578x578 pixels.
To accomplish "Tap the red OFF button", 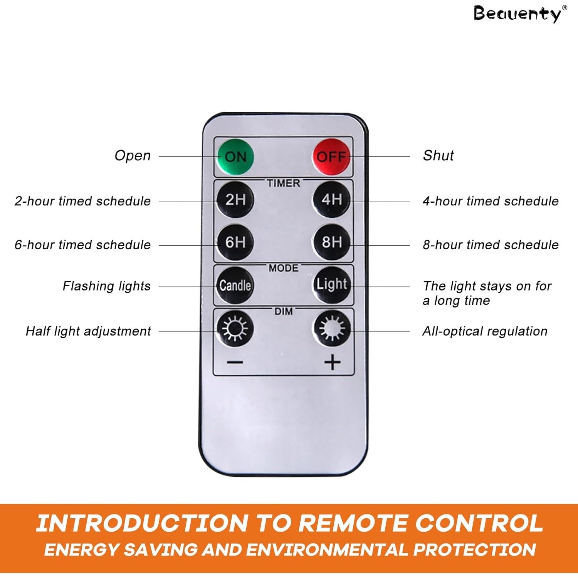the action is (331, 157).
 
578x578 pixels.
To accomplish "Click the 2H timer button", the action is (235, 200).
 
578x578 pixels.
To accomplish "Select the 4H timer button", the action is (331, 200).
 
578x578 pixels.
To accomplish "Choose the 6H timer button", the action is (235, 242).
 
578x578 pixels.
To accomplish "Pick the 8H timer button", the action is (331, 242).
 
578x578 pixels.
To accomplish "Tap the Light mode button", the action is (331, 285).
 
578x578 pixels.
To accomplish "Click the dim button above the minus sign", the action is (235, 329).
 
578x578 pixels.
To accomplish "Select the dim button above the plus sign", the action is (331, 329).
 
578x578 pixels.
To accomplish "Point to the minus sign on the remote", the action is (235, 362).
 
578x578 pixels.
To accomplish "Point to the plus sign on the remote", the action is (332, 363).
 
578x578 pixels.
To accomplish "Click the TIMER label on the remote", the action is (284, 183).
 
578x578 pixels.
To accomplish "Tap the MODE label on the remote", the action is (284, 268).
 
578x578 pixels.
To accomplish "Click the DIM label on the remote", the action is (284, 311).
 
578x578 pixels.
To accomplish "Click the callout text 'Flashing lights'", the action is (107, 286).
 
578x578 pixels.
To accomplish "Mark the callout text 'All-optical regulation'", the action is (485, 331).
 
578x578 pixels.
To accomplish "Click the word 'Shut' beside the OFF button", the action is (439, 156).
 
